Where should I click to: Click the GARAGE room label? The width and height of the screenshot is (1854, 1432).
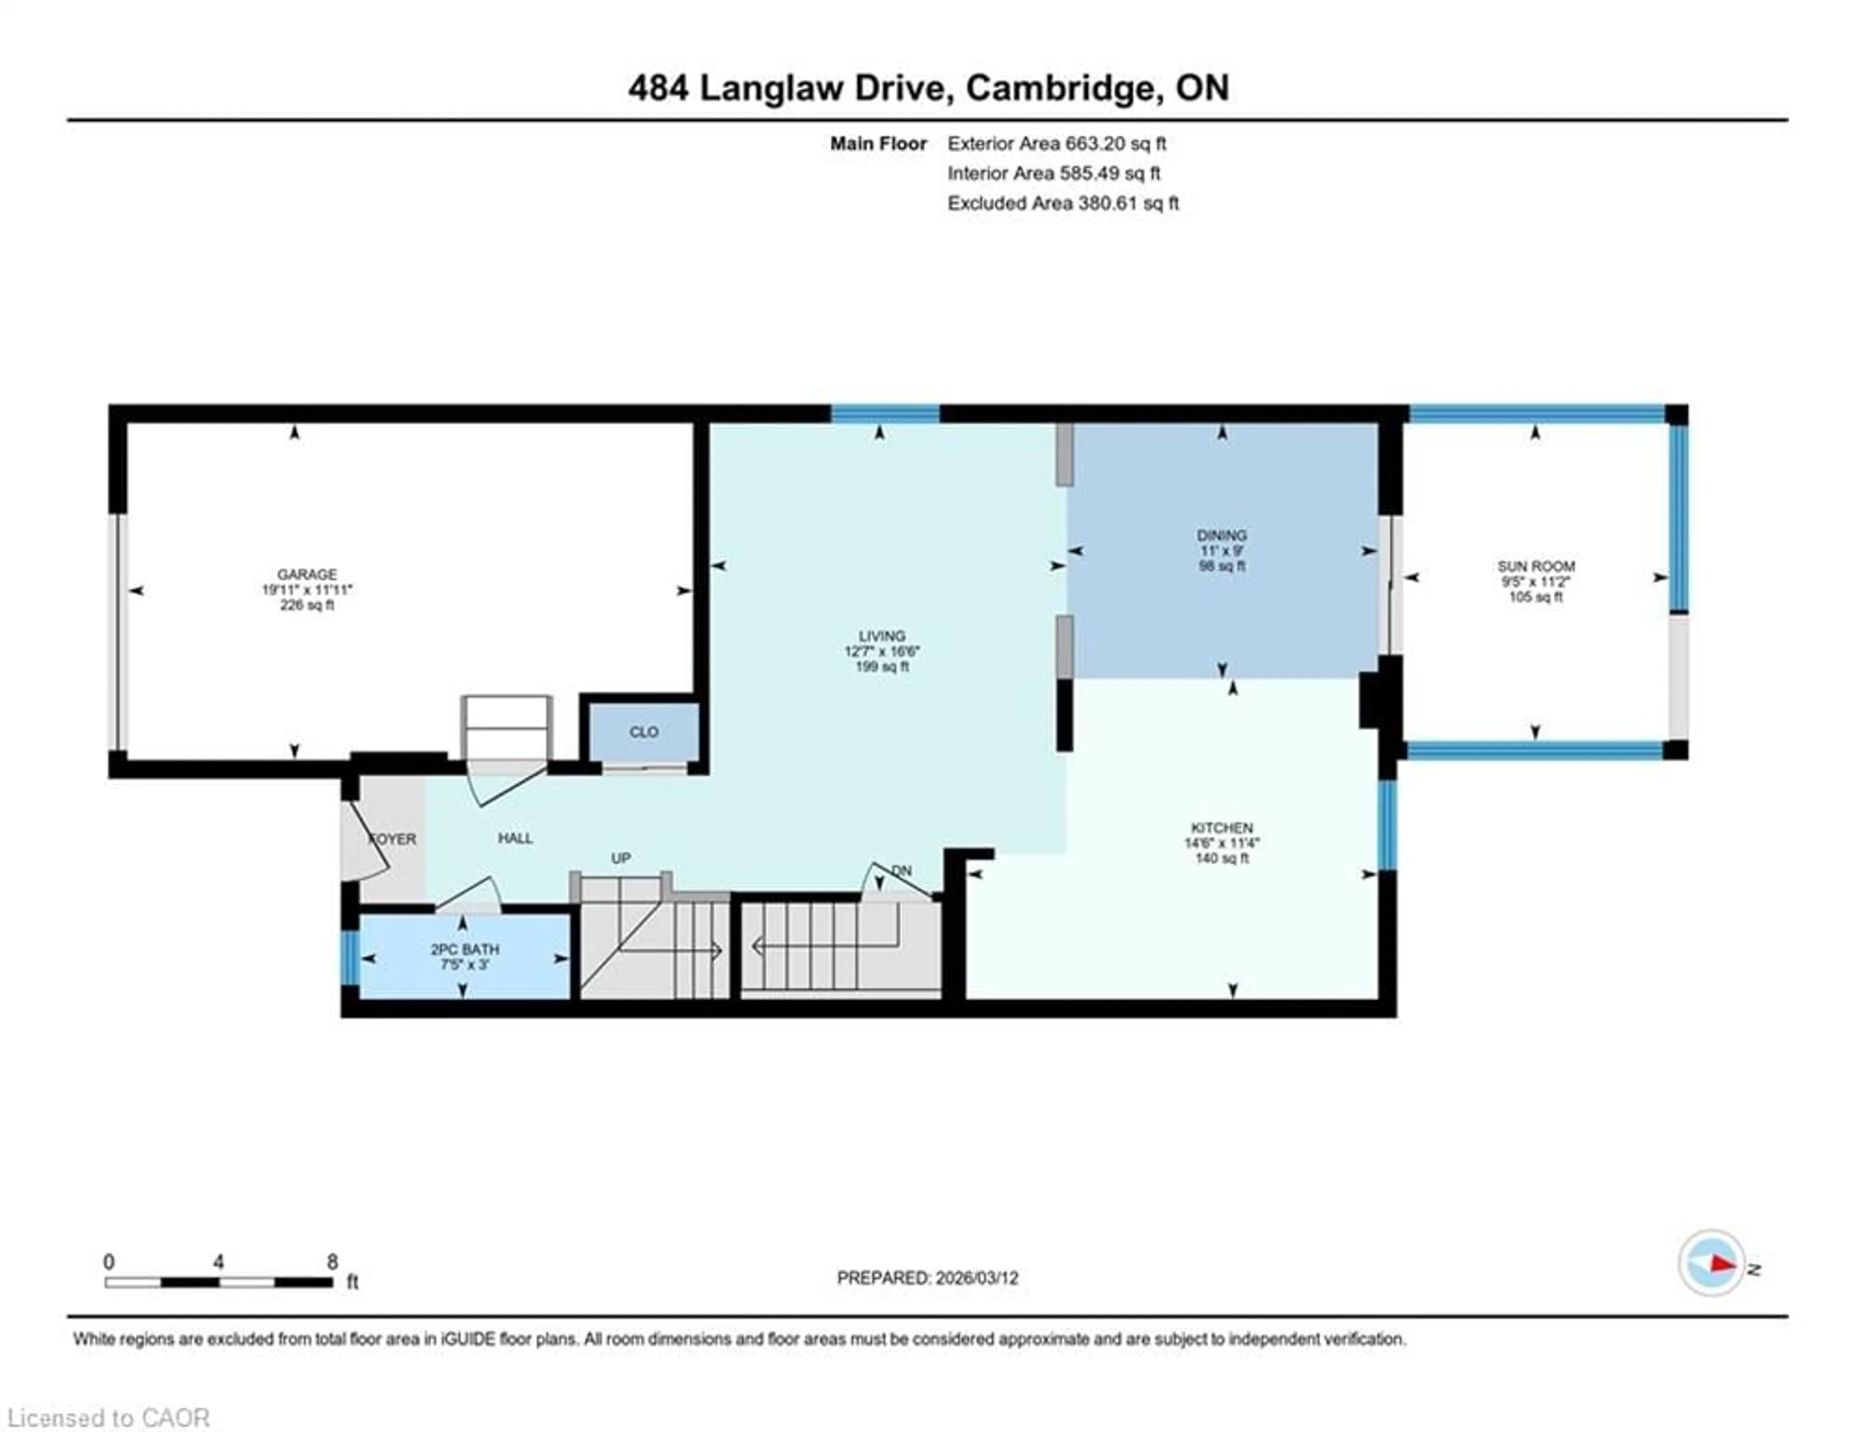click(x=307, y=574)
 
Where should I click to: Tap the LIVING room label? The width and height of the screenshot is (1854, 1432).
click(x=881, y=635)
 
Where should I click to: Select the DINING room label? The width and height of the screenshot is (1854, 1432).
click(x=1222, y=535)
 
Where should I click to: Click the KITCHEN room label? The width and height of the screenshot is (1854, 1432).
click(x=1222, y=827)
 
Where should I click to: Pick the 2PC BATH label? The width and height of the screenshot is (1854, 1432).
click(x=464, y=949)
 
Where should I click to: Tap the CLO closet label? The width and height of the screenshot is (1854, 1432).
click(x=644, y=731)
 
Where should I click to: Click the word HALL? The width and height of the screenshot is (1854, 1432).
click(x=515, y=838)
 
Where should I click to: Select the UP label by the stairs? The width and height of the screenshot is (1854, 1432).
click(x=620, y=859)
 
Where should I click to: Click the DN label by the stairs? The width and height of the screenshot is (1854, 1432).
click(x=901, y=871)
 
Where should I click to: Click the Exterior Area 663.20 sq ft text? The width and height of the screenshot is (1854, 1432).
click(x=1056, y=143)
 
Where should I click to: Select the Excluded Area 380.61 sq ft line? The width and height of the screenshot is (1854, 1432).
click(x=1063, y=203)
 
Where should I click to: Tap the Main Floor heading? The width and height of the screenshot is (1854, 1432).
click(x=878, y=143)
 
